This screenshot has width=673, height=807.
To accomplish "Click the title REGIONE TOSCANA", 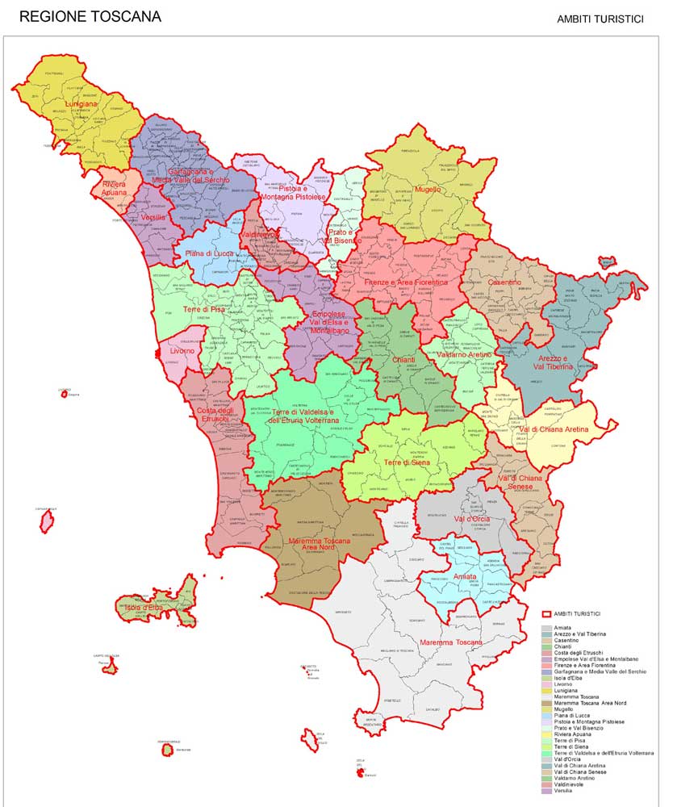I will click(90, 16).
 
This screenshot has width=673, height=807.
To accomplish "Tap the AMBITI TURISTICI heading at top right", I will click(600, 19).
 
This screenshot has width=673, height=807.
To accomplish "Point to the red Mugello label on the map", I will click(428, 190).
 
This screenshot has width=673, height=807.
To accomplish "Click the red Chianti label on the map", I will click(403, 359).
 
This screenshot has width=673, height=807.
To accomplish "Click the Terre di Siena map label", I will click(408, 462).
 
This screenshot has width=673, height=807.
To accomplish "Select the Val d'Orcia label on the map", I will click(471, 518).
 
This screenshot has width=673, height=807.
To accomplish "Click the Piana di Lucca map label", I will click(210, 254).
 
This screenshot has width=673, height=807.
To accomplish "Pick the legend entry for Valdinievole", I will click(572, 784).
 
